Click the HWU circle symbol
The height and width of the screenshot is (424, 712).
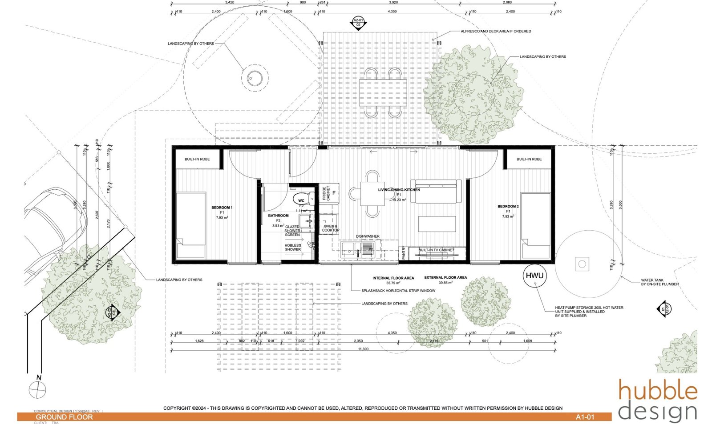(x=534, y=276)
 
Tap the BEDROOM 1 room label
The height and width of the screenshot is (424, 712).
(x=222, y=208)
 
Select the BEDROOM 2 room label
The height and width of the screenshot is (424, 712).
(x=508, y=206)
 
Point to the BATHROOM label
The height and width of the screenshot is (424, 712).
(x=278, y=216)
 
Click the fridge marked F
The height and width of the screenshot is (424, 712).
(x=334, y=193)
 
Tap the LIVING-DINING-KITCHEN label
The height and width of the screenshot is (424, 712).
(x=399, y=190)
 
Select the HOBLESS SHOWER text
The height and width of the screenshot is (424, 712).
(x=293, y=247)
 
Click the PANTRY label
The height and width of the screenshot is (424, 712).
(x=404, y=253)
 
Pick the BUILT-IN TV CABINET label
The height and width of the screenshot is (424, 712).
(x=436, y=250)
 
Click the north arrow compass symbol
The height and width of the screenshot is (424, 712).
(x=37, y=390)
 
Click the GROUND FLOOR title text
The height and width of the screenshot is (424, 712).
(x=64, y=417)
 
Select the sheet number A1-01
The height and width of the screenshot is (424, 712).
(x=585, y=417)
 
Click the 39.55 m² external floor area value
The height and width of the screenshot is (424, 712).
(x=445, y=283)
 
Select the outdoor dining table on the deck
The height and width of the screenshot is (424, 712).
(x=383, y=92)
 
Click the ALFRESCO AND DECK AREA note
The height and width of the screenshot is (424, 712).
(x=496, y=31)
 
